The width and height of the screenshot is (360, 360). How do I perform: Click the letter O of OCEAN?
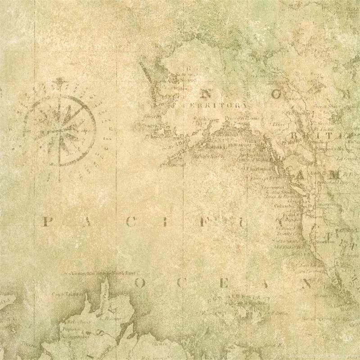point(140,283)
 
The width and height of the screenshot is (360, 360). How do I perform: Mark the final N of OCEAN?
point(308,283)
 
